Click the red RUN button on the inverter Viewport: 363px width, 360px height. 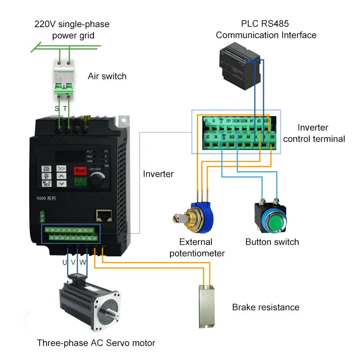point(80,170)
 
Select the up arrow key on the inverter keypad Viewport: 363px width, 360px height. point(61,177)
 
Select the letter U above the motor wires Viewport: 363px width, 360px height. point(65,262)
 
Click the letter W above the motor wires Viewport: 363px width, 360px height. point(83,262)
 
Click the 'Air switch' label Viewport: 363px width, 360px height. point(107,76)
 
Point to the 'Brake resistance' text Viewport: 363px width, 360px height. point(266,307)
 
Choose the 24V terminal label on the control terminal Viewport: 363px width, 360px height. point(241,137)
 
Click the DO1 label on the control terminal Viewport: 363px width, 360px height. point(228,120)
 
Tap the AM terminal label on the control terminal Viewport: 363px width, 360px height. point(249,137)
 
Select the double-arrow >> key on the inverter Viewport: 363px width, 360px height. point(61,169)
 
